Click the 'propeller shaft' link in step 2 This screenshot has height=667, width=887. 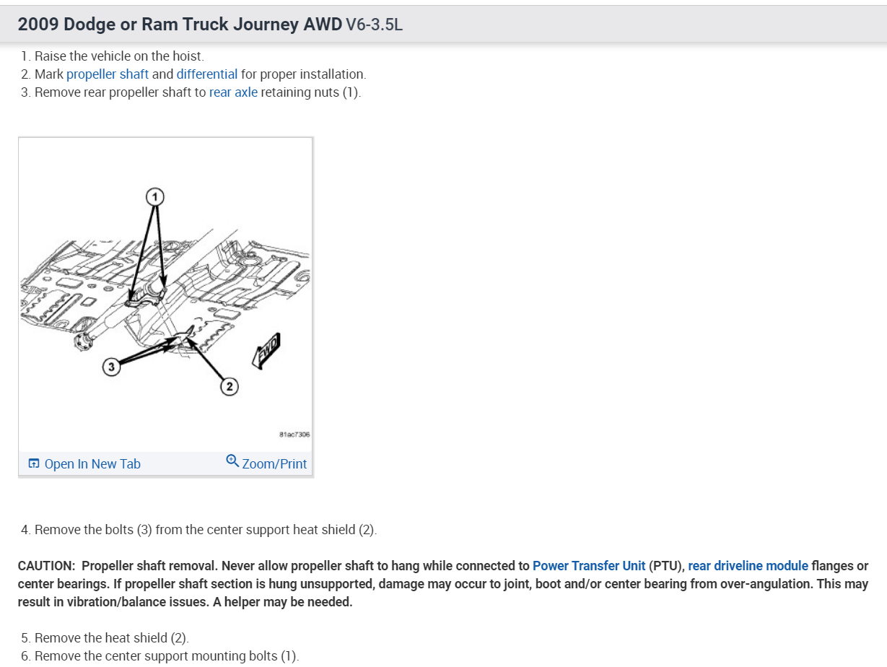coord(108,74)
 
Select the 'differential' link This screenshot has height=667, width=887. coord(206,74)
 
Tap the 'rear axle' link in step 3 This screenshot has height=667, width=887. coord(233,92)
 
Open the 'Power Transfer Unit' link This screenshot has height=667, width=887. coord(589,566)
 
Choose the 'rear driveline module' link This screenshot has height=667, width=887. coord(748,566)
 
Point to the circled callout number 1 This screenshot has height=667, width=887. coord(154,196)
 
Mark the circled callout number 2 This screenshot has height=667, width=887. coord(230,387)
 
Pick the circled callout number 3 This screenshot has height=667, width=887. coord(110,367)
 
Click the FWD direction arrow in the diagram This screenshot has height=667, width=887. coord(266,351)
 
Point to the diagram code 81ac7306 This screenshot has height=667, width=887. coord(294,435)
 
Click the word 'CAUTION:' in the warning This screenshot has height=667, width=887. coord(46,566)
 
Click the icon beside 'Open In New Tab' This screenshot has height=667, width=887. coord(34,464)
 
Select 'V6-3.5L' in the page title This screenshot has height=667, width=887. coord(374,25)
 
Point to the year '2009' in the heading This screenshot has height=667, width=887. coord(38,25)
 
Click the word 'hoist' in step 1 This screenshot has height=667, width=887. coord(188,56)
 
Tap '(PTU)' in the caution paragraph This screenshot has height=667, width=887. coord(668,566)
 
